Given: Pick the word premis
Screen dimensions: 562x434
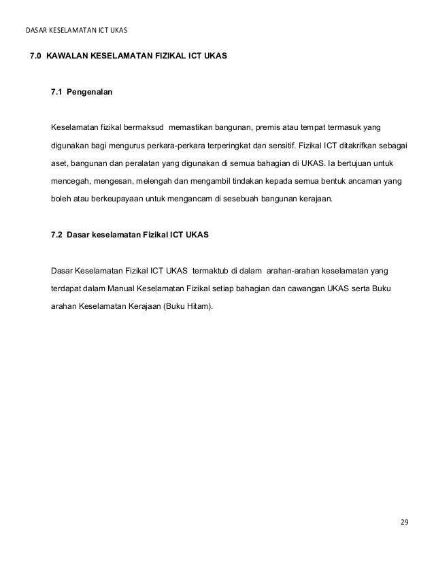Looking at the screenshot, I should tap(269, 128).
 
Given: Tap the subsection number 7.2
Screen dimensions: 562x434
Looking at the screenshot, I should tap(57, 235).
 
